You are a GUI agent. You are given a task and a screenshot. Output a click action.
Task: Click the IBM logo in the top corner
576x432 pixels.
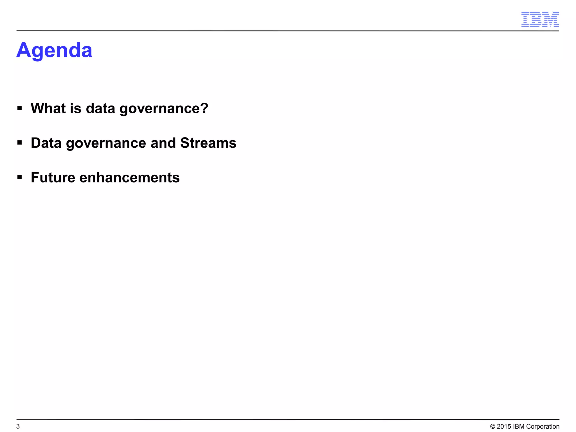[x=540, y=19]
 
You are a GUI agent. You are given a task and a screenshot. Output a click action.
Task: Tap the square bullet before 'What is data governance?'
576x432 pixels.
[x=19, y=108]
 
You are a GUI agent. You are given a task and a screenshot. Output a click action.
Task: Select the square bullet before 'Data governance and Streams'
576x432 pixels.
[x=19, y=143]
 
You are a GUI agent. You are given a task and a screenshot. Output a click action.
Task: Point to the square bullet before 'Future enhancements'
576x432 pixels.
[x=19, y=177]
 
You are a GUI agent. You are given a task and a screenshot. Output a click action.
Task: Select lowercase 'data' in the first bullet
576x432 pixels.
[x=100, y=108]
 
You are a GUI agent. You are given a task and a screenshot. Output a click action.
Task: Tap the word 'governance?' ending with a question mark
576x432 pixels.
[x=164, y=109]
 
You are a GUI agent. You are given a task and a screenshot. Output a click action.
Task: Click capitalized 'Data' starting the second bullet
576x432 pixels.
[x=46, y=143]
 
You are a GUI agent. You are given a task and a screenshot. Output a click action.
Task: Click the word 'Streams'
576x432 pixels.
[x=208, y=143]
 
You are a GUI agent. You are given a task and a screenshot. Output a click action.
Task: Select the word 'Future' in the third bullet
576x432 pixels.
[x=53, y=177]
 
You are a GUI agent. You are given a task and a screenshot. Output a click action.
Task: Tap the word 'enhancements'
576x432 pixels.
[x=129, y=177]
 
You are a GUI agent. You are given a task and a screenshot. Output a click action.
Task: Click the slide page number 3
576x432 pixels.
[x=18, y=426]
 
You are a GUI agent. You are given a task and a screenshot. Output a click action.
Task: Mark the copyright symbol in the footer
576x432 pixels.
[x=492, y=427]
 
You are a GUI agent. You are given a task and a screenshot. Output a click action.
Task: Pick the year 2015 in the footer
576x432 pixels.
[x=504, y=427]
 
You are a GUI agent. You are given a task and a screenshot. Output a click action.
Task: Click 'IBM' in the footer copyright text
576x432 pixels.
[x=519, y=427]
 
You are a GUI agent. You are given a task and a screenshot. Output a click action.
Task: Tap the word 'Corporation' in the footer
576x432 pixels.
[x=543, y=427]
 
